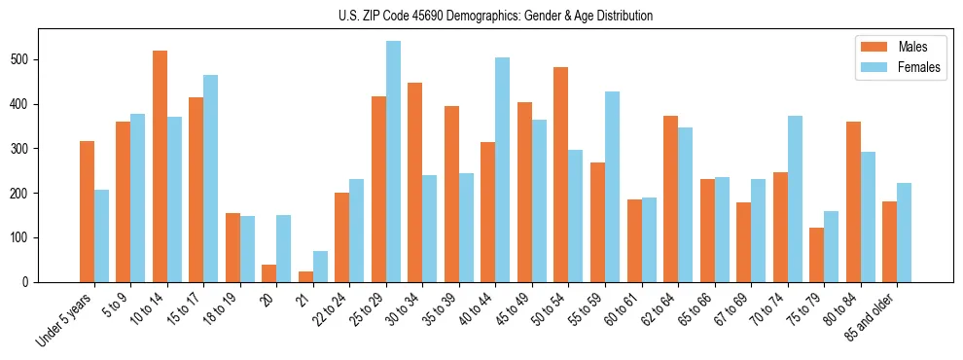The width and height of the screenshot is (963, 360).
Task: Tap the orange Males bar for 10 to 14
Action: point(160,166)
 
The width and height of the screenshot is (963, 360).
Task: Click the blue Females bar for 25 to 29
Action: point(393,162)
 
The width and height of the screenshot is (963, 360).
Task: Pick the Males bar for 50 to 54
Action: point(560,175)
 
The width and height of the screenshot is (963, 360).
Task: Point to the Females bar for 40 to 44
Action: point(502,170)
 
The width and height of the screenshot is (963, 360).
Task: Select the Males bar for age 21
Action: point(305,276)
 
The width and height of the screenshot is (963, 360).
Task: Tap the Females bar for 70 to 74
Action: point(794,198)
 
